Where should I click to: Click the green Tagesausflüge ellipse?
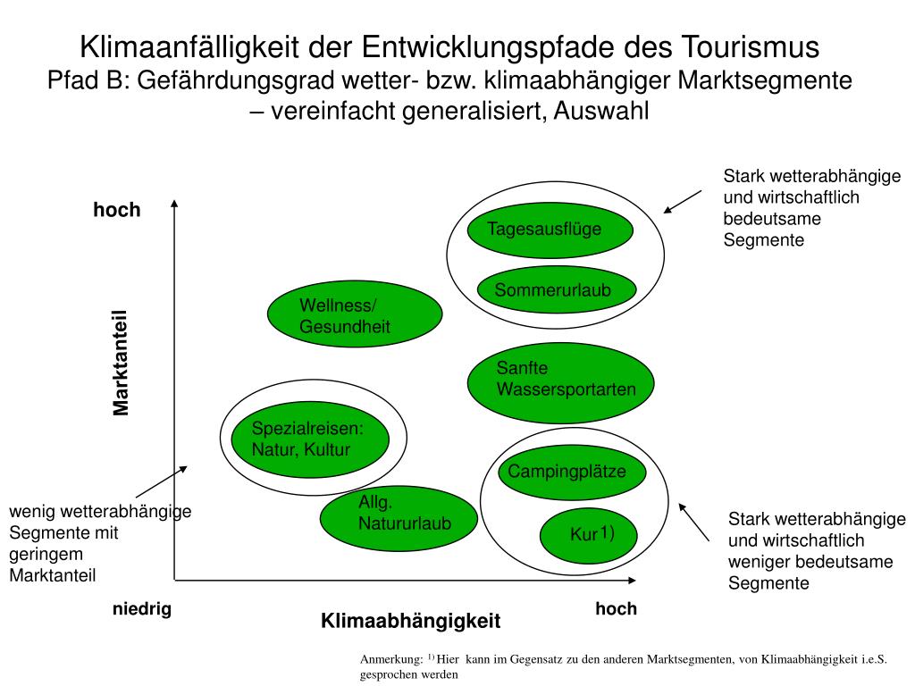(550, 230)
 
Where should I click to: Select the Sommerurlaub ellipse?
(556, 289)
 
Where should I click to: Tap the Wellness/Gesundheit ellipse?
(355, 314)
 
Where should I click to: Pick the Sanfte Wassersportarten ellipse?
(561, 381)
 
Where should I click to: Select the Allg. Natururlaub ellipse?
(399, 518)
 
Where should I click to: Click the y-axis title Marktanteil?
(122, 362)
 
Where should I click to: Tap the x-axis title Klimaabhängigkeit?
(411, 620)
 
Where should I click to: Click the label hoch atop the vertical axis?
(117, 210)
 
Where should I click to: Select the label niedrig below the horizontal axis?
(141, 609)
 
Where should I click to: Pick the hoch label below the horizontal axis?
(616, 609)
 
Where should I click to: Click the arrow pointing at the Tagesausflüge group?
(683, 201)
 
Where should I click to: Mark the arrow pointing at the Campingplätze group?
(694, 522)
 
